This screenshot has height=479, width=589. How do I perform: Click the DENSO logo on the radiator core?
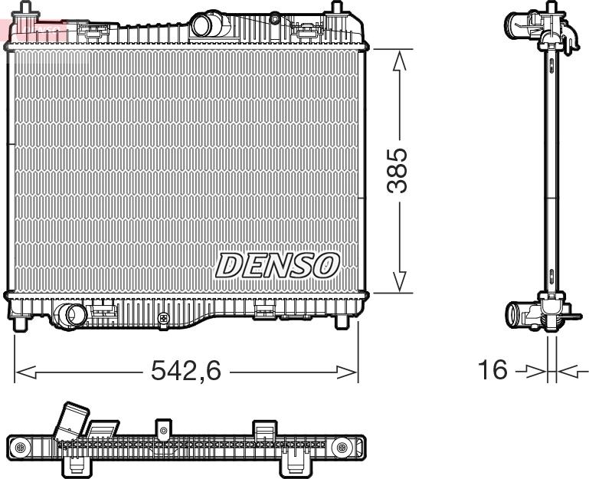pyautogui.click(x=277, y=265)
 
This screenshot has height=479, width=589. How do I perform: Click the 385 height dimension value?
pyautogui.click(x=398, y=170)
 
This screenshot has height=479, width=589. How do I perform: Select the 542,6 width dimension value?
pyautogui.click(x=186, y=370)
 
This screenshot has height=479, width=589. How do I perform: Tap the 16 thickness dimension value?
pyautogui.click(x=492, y=369)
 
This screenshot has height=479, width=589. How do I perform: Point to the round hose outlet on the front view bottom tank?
pyautogui.click(x=70, y=315)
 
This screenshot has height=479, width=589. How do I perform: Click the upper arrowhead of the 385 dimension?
pyautogui.click(x=399, y=61)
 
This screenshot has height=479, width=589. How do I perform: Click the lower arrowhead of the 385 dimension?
pyautogui.click(x=399, y=281)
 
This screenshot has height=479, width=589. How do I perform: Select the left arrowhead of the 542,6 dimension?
pyautogui.click(x=26, y=372)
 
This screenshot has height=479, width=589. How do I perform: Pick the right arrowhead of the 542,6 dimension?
pyautogui.click(x=347, y=372)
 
